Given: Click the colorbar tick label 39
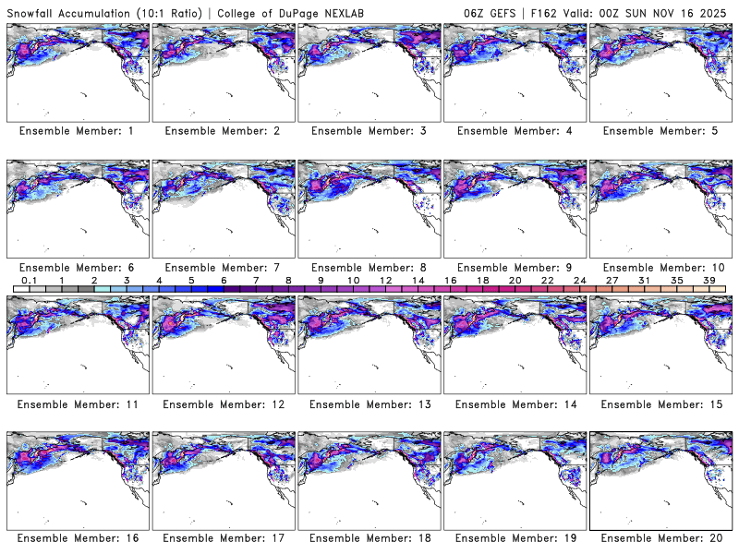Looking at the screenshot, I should pos(709,281).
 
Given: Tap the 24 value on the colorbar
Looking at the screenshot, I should pos(579,281).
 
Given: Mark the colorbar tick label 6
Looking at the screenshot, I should pos(224,281).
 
